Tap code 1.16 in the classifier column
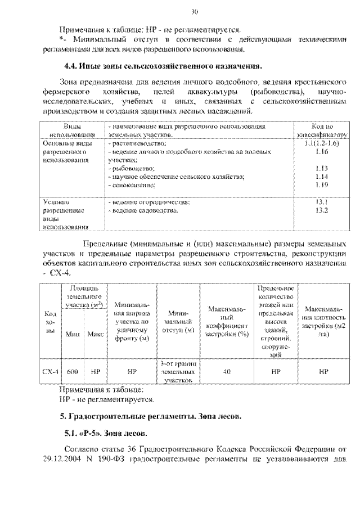(x=322, y=152)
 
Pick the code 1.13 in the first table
(x=322, y=168)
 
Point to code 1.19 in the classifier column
(x=322, y=184)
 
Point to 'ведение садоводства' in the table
(x=143, y=210)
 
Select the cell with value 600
(x=72, y=372)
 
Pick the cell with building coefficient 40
(x=227, y=372)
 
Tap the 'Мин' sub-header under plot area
(x=72, y=334)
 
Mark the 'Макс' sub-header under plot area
(x=96, y=334)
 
